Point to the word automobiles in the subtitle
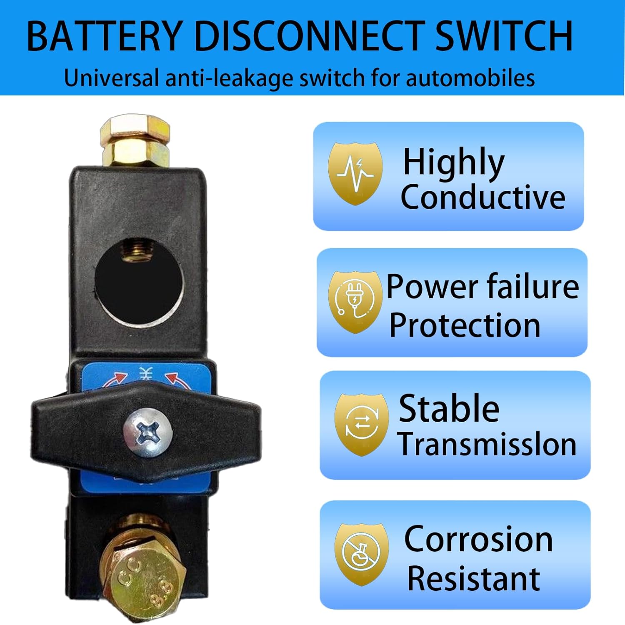pyautogui.click(x=470, y=78)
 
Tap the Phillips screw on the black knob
pyautogui.click(x=147, y=432)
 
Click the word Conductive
pyautogui.click(x=482, y=197)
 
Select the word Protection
pyautogui.click(x=465, y=325)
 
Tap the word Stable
pyautogui.click(x=449, y=408)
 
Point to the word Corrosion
pyautogui.click(x=478, y=539)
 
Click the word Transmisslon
pyautogui.click(x=487, y=444)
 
